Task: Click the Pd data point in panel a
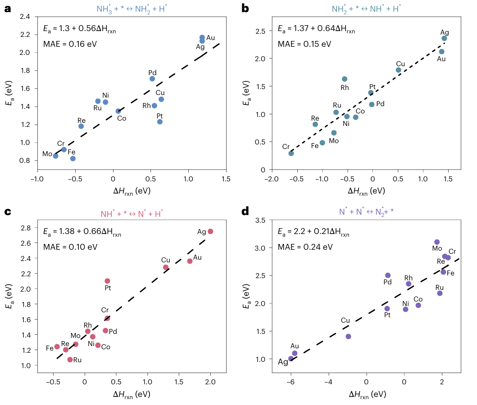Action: (x=152, y=79)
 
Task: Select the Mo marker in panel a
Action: (x=55, y=156)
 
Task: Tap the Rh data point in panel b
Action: (x=345, y=79)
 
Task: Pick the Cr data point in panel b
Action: (x=291, y=153)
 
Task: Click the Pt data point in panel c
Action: (x=107, y=281)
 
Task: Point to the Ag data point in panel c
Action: (x=210, y=231)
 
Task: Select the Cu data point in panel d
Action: (x=348, y=337)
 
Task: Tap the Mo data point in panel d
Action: (x=437, y=242)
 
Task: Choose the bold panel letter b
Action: (x=245, y=8)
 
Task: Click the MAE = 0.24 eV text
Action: (x=305, y=247)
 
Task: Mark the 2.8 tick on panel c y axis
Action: (x=26, y=228)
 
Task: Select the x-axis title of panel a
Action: (x=132, y=191)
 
